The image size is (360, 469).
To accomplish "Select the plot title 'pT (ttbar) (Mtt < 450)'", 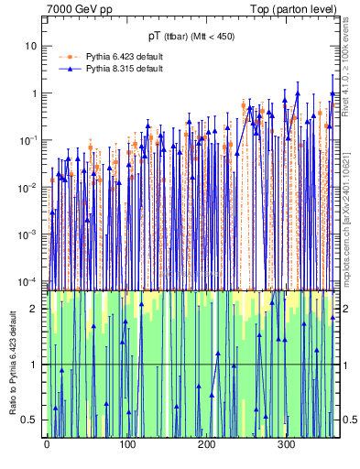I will point(191,37).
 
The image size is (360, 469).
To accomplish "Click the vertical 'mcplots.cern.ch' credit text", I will point(352,211).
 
